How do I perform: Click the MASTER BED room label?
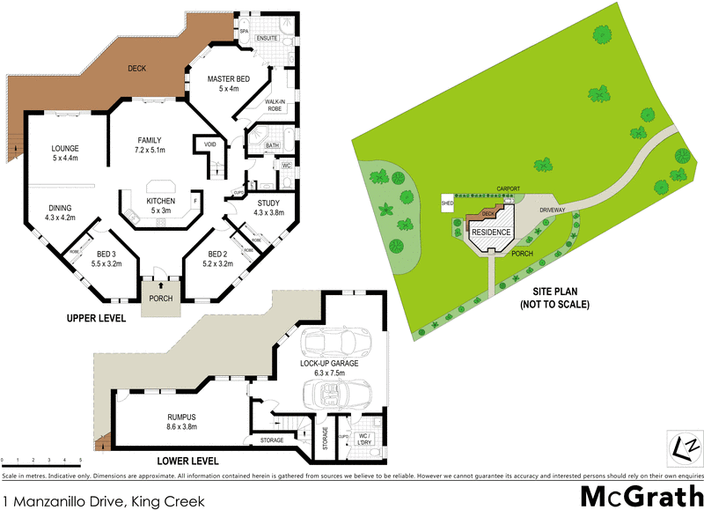pyautogui.click(x=229, y=79)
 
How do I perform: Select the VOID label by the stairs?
pyautogui.click(x=210, y=144)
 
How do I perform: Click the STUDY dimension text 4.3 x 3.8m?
pyautogui.click(x=268, y=212)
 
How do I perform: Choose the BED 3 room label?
pyautogui.click(x=106, y=253)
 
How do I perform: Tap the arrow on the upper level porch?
pyautogui.click(x=161, y=285)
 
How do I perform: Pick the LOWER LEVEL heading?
pyautogui.click(x=187, y=461)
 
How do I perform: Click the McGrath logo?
pyautogui.click(x=640, y=492)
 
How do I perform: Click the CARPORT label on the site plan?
pyautogui.click(x=510, y=188)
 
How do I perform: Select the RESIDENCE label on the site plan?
pyautogui.click(x=493, y=232)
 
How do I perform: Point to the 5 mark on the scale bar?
pyautogui.click(x=80, y=461)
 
